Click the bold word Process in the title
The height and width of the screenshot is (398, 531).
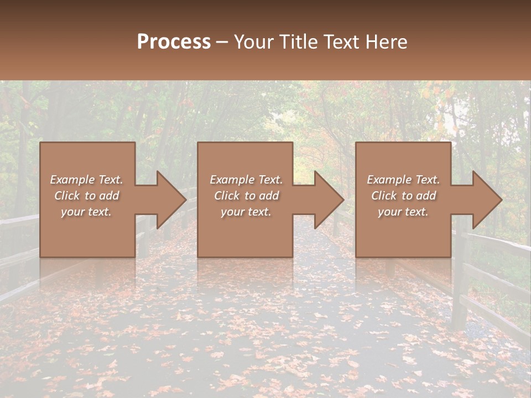[x=174, y=42]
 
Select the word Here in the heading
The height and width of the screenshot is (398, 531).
[x=387, y=42]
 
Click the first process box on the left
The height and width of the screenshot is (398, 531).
[x=87, y=232]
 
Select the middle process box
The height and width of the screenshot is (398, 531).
[x=245, y=232]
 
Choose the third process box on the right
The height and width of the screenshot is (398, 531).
[x=403, y=232]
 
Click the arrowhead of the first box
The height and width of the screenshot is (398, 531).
[x=169, y=200]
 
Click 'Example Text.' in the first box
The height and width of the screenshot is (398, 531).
[x=86, y=180]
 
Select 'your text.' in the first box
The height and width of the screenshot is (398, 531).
[x=86, y=212]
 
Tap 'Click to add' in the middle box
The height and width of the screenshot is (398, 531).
[x=246, y=196]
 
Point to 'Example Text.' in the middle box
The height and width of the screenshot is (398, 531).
[x=246, y=180]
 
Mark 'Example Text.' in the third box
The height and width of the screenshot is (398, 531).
[x=403, y=180]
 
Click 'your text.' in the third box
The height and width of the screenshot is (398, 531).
[x=403, y=212]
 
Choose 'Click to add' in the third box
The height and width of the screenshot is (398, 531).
[x=403, y=196]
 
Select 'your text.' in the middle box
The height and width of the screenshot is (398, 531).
[x=246, y=212]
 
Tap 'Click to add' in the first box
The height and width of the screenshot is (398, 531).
[x=86, y=196]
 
